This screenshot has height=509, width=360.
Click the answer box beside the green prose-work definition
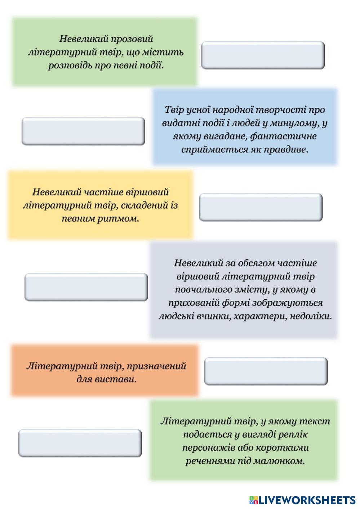(263, 55)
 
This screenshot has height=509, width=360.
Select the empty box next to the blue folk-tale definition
(83, 131)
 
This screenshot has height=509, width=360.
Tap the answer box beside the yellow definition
(261, 207)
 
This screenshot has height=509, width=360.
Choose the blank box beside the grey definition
(86, 287)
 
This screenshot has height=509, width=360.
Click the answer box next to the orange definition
(266, 371)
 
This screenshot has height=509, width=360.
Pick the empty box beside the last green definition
(80, 443)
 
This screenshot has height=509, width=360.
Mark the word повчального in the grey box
(205, 290)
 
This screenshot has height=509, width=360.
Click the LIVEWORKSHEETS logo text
(307, 500)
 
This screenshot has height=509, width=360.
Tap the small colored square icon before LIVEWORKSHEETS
(253, 500)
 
